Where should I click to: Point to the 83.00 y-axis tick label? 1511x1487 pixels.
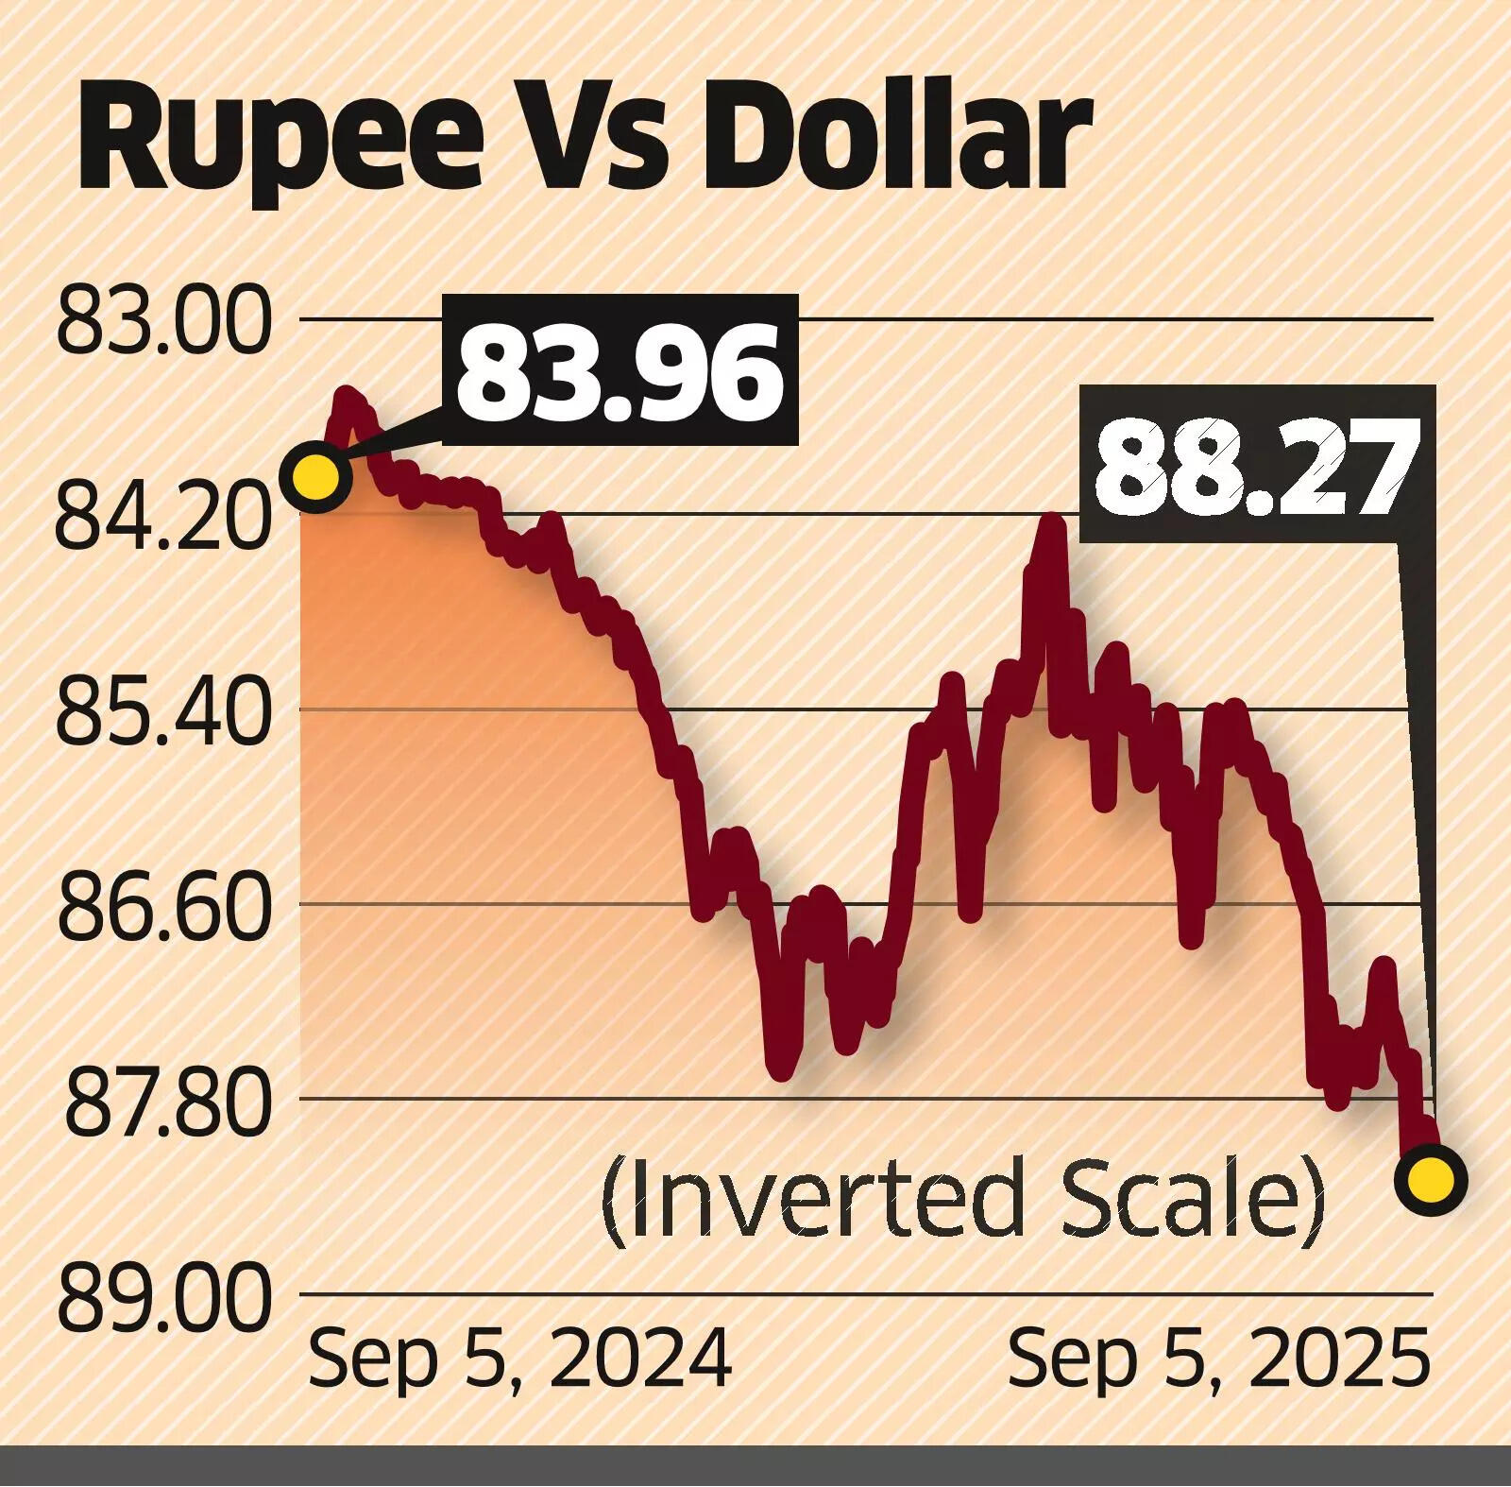[x=161, y=322]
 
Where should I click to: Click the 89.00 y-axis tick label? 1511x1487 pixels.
[x=161, y=1297]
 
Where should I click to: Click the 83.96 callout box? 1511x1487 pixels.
[x=620, y=370]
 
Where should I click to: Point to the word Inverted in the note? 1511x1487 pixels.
[x=812, y=1199]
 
